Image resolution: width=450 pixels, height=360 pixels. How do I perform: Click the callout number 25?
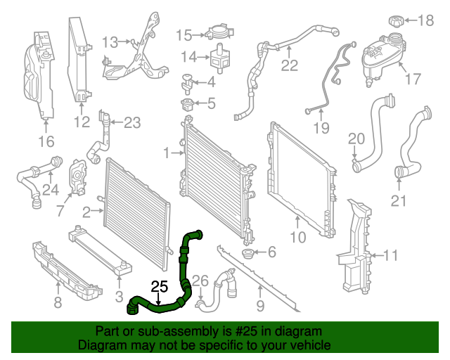coord(160,286)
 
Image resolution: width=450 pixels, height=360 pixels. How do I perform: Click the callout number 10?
coord(298,238)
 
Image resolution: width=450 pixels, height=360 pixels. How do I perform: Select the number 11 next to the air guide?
coord(391,255)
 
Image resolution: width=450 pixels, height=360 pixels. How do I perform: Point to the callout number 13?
coord(110,42)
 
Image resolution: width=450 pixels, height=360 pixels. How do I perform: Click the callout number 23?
coord(132,123)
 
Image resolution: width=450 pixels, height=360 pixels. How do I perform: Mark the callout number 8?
coord(58,303)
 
